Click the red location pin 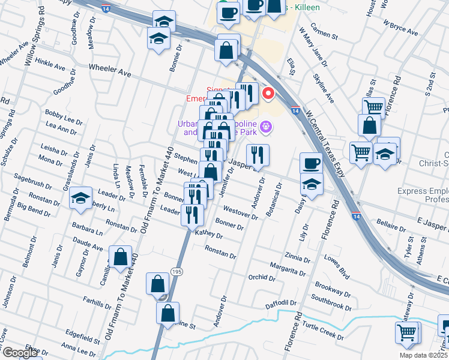coord(268,94)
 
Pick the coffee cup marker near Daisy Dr coord(311,163)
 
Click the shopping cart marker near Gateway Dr coord(407,332)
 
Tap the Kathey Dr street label coord(209,235)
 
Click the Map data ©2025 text coord(424,355)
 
